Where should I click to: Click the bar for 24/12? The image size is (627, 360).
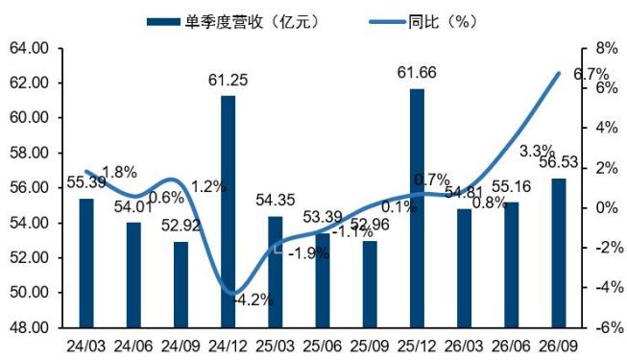229,212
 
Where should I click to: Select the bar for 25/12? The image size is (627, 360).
417,208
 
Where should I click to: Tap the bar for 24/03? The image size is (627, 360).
86,263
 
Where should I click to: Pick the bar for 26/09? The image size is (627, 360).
559,253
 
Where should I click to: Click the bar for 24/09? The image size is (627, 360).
181,285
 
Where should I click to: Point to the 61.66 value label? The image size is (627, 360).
417,73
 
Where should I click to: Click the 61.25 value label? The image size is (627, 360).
228,80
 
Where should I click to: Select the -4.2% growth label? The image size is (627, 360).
253,300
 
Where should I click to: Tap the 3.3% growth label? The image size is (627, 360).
537,152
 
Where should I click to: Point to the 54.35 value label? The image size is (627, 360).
276,200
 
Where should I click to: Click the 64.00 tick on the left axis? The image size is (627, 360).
29,49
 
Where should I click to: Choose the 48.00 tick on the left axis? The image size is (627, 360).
29,328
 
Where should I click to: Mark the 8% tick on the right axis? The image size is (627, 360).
607,48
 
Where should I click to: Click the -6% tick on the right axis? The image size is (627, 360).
609,328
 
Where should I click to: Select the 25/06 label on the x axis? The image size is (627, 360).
323,347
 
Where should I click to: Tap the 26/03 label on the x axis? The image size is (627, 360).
465,347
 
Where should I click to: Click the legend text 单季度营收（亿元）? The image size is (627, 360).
253,21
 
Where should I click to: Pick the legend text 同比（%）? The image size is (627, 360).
443,21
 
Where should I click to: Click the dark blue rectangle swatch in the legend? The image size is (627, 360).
163,21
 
